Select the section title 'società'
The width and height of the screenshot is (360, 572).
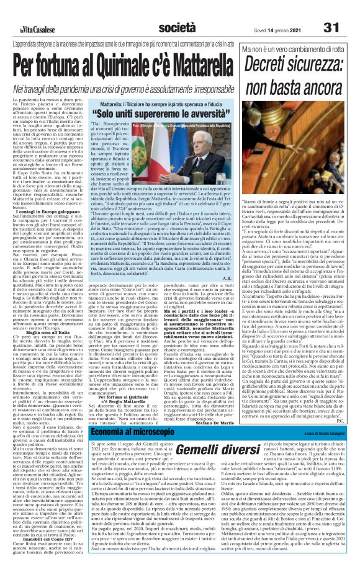pos(177,10)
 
